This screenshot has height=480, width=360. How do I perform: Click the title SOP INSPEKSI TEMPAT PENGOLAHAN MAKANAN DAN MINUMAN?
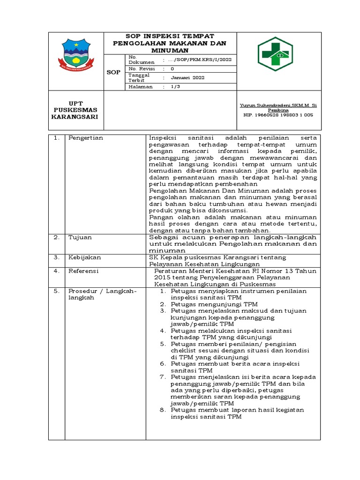point(170,43)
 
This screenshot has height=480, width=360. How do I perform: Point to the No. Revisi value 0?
point(172,69)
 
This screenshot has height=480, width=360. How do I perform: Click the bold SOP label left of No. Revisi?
point(113,73)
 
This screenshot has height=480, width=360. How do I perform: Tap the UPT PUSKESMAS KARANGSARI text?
point(75,110)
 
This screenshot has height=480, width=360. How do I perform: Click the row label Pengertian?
point(86,138)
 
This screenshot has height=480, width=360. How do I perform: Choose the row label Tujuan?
point(80,238)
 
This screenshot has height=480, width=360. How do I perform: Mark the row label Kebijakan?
point(84,257)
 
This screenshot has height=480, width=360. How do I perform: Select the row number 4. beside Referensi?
point(56,271)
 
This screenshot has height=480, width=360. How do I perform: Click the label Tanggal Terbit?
point(139,77)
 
